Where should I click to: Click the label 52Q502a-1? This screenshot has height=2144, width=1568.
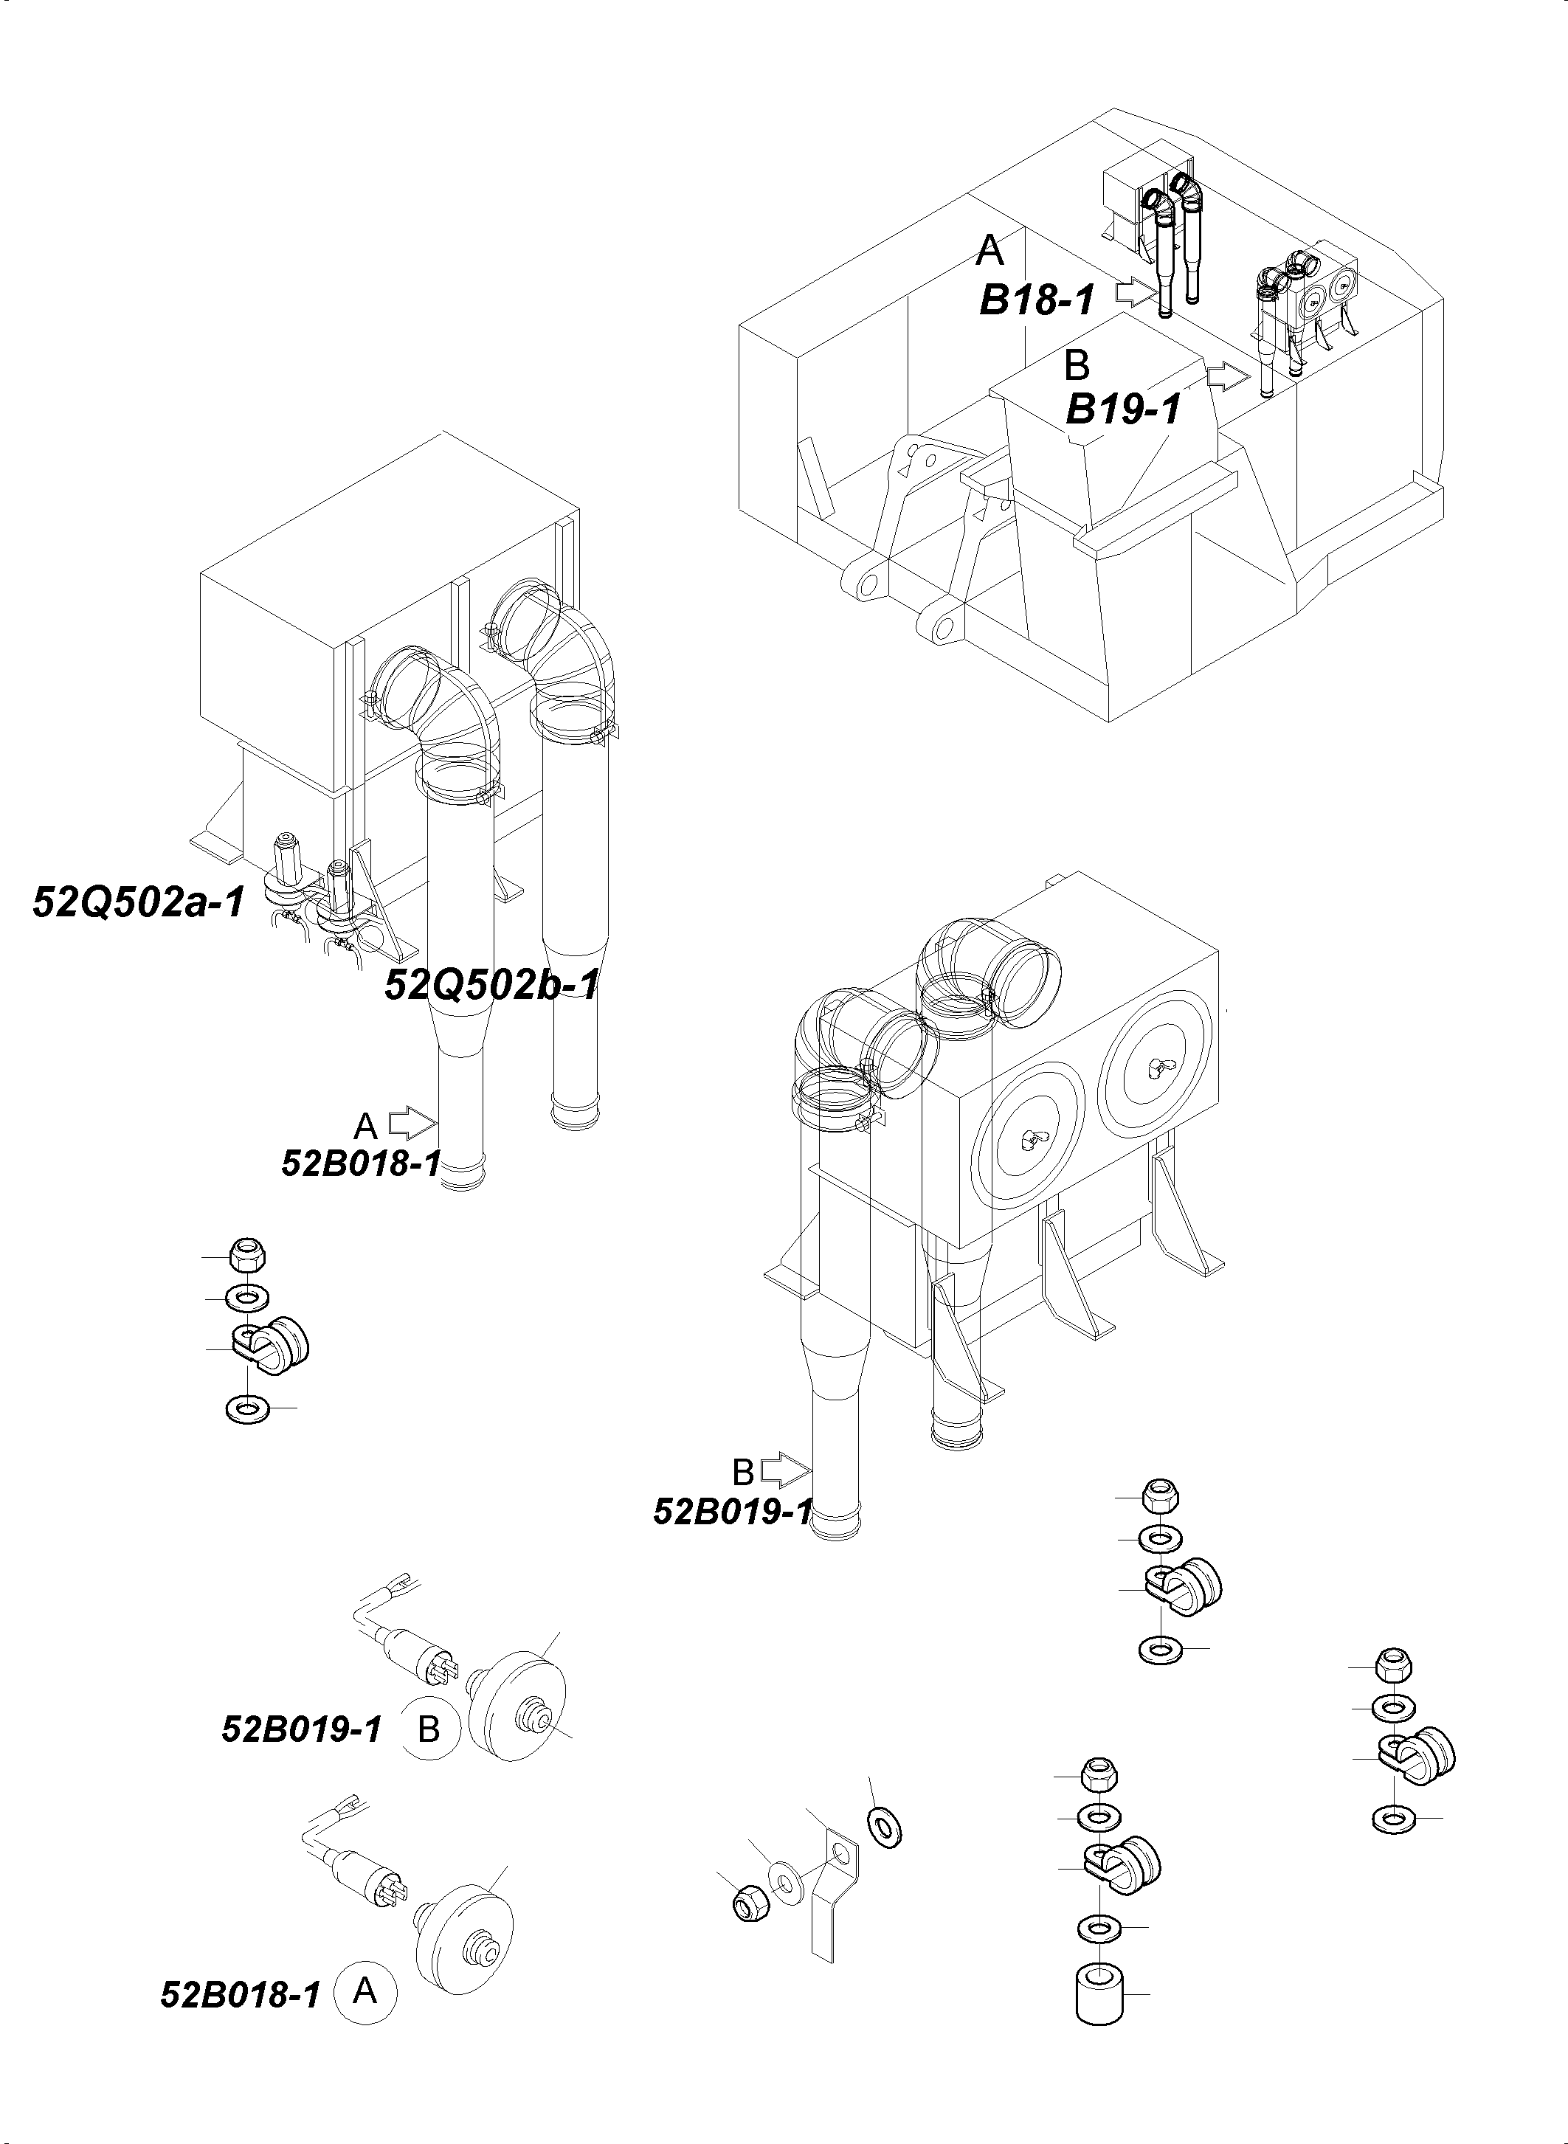pyautogui.click(x=139, y=902)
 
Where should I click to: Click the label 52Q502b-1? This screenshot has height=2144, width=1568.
pyautogui.click(x=491, y=985)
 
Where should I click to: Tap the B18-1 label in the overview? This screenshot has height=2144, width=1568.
pyautogui.click(x=1037, y=301)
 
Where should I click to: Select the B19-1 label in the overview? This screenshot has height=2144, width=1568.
pyautogui.click(x=1124, y=410)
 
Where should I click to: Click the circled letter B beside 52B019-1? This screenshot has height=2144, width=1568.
pyautogui.click(x=429, y=1729)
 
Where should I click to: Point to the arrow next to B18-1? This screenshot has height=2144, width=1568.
pyautogui.click(x=1134, y=292)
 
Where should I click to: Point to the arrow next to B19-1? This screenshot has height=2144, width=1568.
pyautogui.click(x=1228, y=377)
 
